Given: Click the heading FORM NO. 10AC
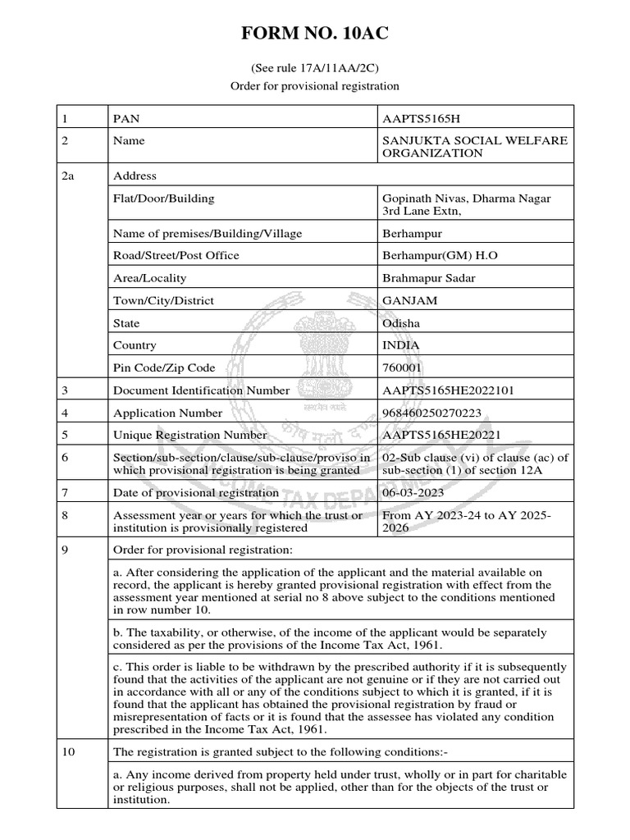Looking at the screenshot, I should pyautogui.click(x=314, y=34).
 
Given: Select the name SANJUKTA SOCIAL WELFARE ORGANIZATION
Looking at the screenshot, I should pyautogui.click(x=475, y=147).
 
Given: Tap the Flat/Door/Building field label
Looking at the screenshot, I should pyautogui.click(x=163, y=198).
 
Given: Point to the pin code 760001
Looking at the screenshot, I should pyautogui.click(x=403, y=368).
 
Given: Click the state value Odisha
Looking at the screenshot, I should pyautogui.click(x=402, y=323).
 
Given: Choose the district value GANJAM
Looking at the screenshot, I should pyautogui.click(x=410, y=300).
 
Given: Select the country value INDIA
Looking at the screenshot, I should pyautogui.click(x=401, y=345).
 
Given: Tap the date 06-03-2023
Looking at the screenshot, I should pyautogui.click(x=413, y=492).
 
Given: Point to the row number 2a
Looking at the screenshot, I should pyautogui.click(x=68, y=176).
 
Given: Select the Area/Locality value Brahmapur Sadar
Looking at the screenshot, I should pyautogui.click(x=429, y=278).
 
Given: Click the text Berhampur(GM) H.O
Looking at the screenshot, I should pyautogui.click(x=441, y=255).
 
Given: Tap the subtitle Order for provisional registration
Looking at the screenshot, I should pyautogui.click(x=314, y=85).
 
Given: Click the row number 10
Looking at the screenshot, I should pyautogui.click(x=69, y=752).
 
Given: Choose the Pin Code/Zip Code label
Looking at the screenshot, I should pyautogui.click(x=164, y=368).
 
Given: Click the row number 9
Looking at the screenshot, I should pyautogui.click(x=66, y=549).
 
